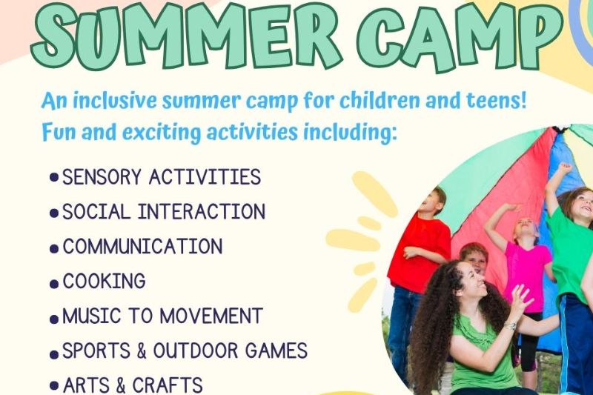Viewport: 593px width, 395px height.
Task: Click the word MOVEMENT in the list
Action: pyautogui.click(x=211, y=316)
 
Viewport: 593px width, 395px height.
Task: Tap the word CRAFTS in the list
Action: pyautogui.click(x=168, y=385)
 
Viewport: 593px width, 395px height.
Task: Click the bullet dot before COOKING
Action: pyautogui.click(x=54, y=285)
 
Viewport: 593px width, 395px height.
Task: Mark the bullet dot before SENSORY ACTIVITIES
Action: pyautogui.click(x=54, y=177)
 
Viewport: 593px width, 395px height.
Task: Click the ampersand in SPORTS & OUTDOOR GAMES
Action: pyautogui.click(x=142, y=351)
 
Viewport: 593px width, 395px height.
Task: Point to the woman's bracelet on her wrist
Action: pyautogui.click(x=510, y=325)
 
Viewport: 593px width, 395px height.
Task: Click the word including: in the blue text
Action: pyautogui.click(x=350, y=133)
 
